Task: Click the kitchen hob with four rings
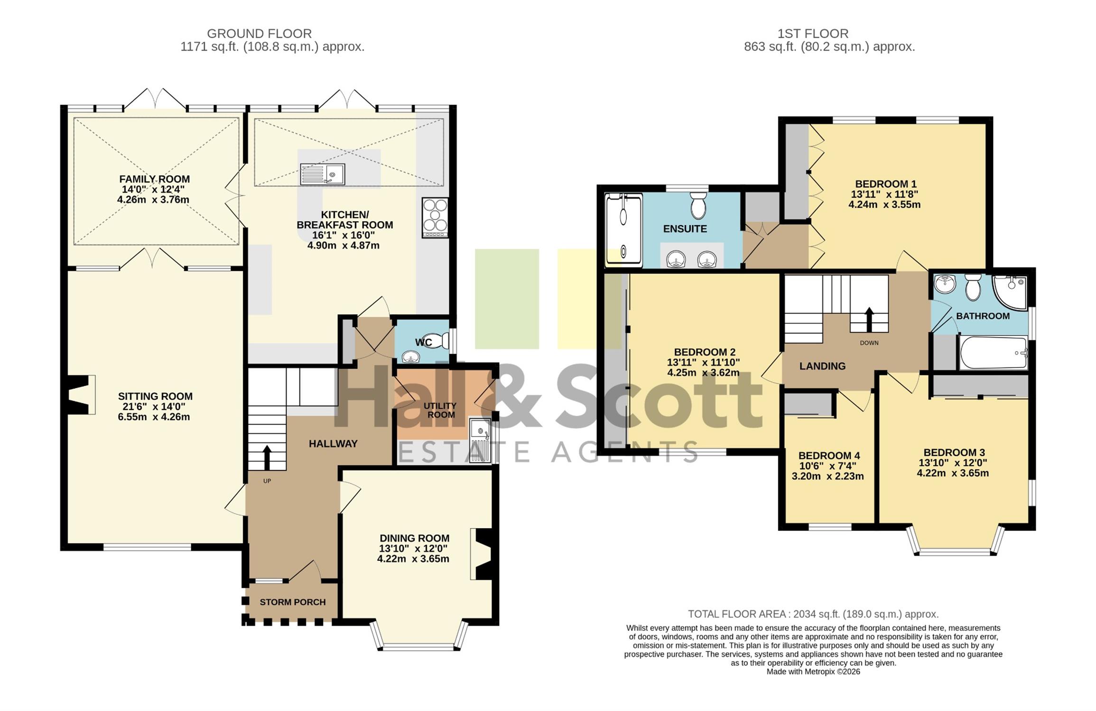coord(435,218)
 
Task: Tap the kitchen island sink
coord(323,174)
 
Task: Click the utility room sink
coord(480,440)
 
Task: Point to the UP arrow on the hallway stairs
coord(267,457)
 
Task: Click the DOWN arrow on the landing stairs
coord(869,319)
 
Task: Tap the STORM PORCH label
coord(293,602)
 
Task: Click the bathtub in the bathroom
coord(994,353)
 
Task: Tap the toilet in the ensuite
coord(698,205)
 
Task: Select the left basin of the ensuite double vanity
coord(676,259)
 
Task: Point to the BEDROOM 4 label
coord(829,456)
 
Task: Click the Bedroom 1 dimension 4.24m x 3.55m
coord(884,205)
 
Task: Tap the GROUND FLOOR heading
coord(259,34)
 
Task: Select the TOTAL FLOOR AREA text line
coord(813,614)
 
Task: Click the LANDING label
coord(822,366)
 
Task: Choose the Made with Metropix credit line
coord(813,672)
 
